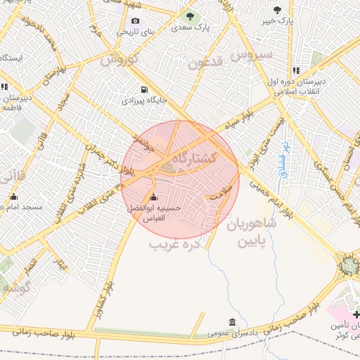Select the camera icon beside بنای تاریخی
(x=135, y=20)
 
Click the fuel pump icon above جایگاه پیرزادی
(x=145, y=89)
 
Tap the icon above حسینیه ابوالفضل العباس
(x=154, y=197)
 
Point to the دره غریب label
(x=175, y=244)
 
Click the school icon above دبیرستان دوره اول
(x=295, y=70)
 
